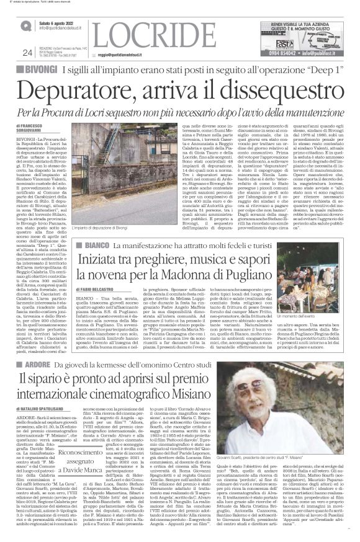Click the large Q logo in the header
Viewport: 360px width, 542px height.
click(25, 27)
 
